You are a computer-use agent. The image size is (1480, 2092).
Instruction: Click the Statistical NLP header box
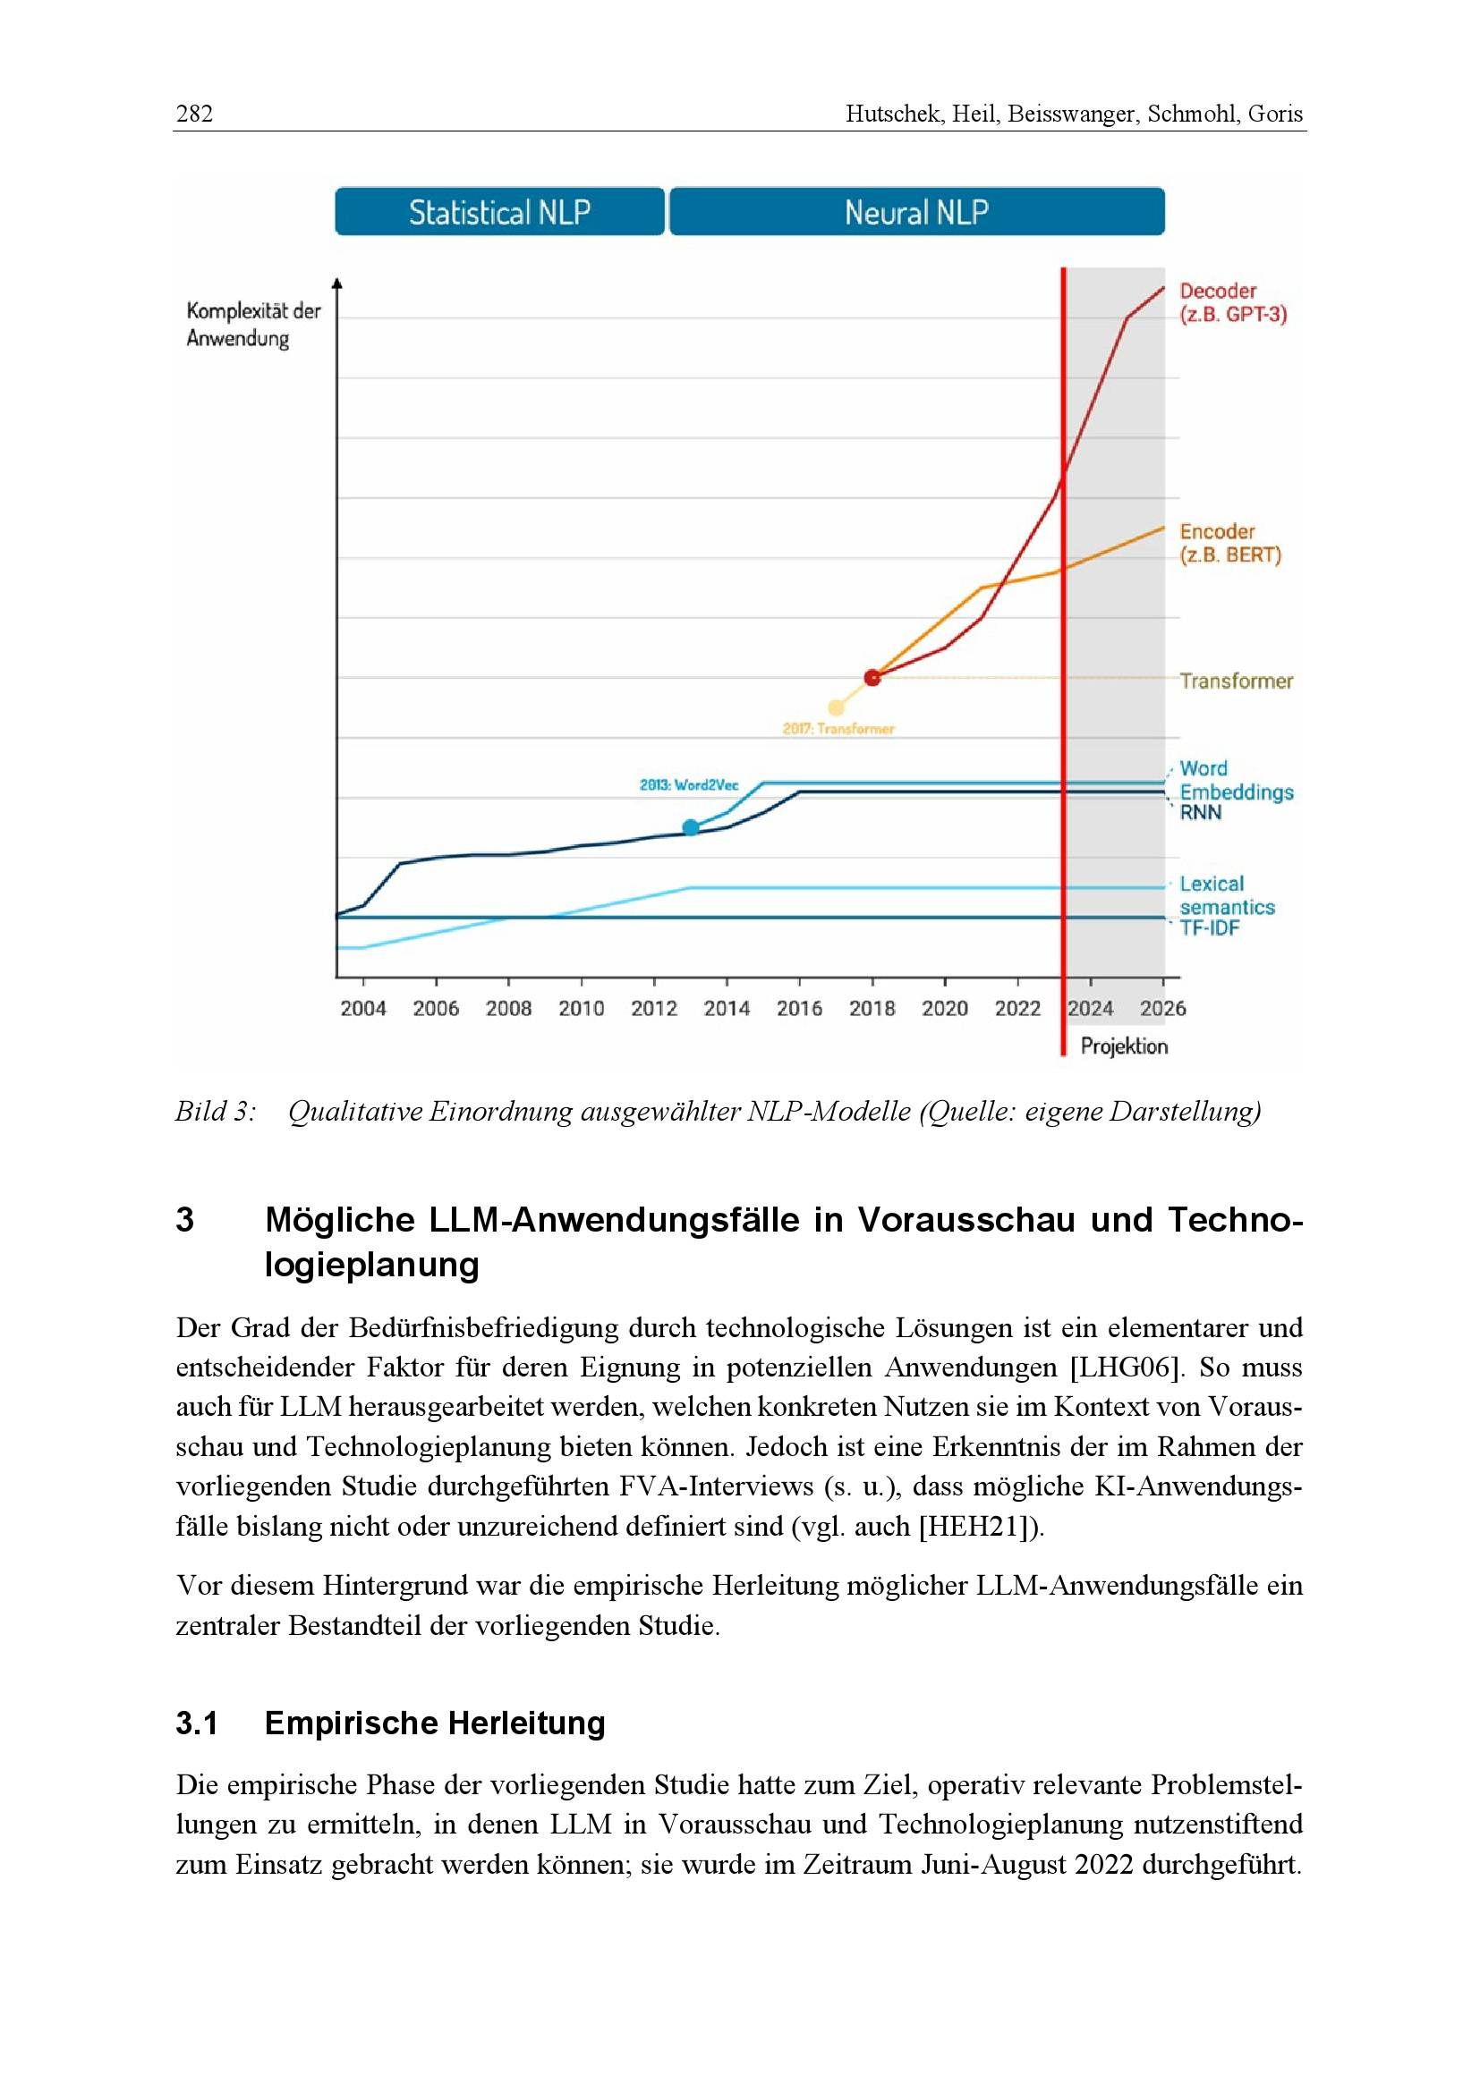499,211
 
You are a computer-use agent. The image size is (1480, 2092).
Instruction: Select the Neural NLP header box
917,211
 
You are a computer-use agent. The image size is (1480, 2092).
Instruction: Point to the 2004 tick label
362,1009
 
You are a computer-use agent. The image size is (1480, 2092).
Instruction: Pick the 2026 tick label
1163,1009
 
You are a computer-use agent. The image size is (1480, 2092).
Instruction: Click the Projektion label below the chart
1124,1046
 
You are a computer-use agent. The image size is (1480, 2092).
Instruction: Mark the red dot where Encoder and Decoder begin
872,677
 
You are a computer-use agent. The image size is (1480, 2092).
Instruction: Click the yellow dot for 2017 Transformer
836,707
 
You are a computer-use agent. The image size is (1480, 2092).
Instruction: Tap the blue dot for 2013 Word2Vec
691,827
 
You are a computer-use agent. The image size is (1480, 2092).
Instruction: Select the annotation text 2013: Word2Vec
689,784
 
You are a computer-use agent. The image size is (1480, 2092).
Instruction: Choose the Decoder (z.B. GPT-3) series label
1232,302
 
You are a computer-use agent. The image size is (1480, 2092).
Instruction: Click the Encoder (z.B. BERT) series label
1229,543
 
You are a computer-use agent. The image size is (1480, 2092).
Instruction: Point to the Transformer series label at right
1236,681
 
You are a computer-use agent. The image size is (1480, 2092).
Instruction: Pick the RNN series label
1200,813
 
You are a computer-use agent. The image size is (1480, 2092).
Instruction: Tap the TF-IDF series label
1210,927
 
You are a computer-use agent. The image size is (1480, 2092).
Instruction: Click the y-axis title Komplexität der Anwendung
252,325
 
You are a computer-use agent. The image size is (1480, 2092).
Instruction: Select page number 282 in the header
194,114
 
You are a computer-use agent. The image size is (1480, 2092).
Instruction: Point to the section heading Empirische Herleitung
435,1723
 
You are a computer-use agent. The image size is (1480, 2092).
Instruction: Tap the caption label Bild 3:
216,1111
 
